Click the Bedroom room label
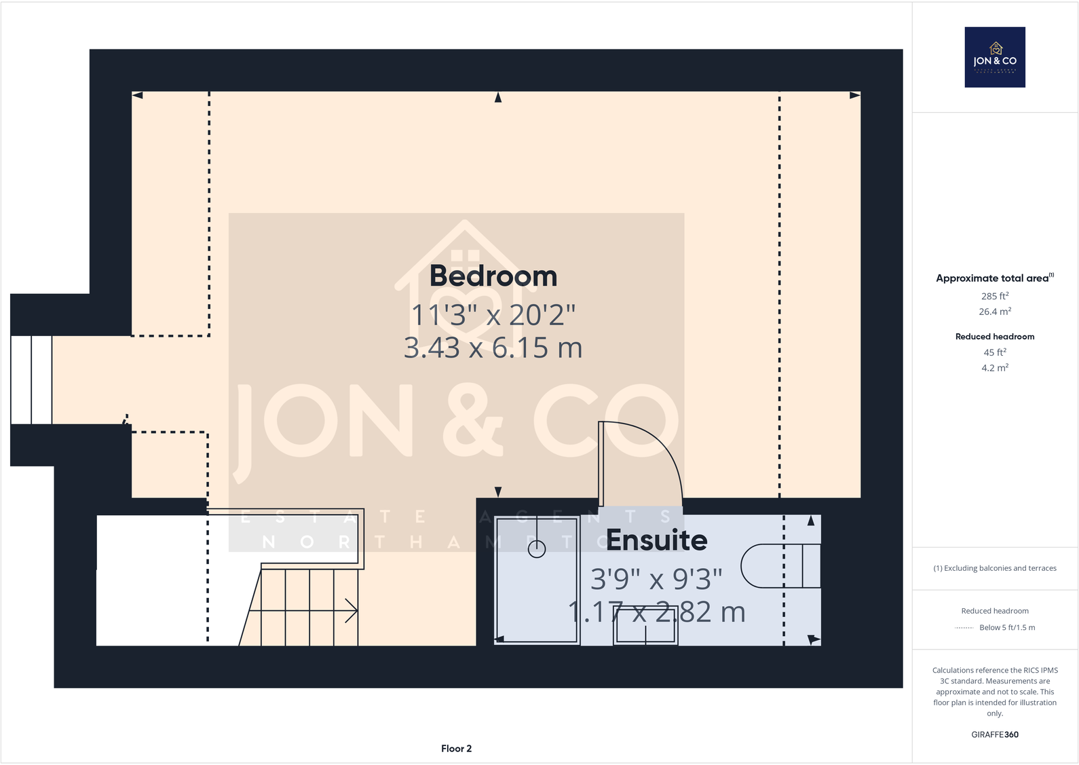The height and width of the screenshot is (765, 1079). click(493, 276)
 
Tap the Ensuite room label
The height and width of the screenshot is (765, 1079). click(656, 540)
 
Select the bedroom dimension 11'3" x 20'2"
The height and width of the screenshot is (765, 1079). click(493, 315)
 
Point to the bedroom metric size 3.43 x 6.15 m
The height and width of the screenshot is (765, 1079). click(493, 348)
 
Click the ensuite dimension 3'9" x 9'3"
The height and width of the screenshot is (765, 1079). click(656, 579)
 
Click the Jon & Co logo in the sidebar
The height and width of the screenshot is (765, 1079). click(995, 57)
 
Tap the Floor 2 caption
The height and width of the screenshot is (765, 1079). click(456, 749)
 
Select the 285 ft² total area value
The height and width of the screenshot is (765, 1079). click(995, 296)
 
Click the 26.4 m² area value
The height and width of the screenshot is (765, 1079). click(995, 312)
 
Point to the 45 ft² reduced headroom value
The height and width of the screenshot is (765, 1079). click(995, 352)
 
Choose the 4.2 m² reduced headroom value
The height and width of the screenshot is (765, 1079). click(995, 368)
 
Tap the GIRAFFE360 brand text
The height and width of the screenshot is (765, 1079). click(995, 734)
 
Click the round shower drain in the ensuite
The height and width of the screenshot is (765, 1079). click(537, 549)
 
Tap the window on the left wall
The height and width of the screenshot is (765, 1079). click(31, 380)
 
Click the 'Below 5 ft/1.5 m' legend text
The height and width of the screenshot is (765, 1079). click(1007, 628)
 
